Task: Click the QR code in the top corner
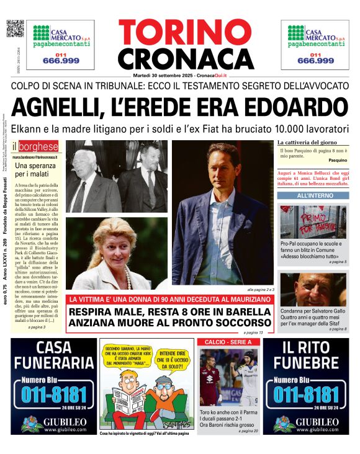pos(15,29)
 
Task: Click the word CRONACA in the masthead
pos(178,59)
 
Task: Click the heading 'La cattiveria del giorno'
pos(307,143)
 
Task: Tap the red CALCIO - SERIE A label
pos(225,342)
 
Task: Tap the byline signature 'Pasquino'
pos(338,160)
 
